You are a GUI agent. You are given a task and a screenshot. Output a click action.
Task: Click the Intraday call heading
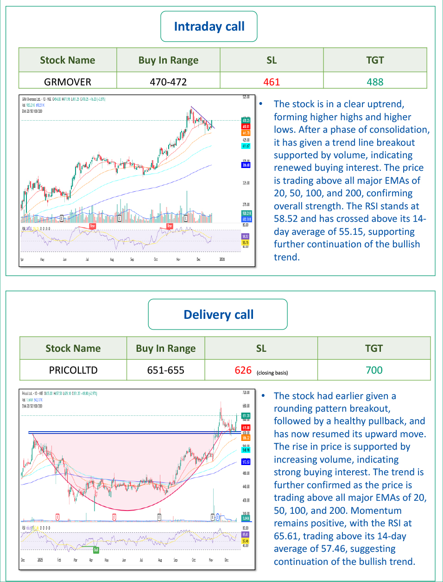(x=209, y=26)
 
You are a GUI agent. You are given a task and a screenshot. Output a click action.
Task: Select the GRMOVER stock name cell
(x=68, y=82)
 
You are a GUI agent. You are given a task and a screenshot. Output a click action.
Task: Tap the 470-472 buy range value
(x=168, y=82)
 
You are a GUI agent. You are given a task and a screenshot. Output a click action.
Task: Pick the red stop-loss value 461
(x=272, y=82)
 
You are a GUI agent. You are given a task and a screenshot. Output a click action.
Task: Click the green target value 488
(x=375, y=82)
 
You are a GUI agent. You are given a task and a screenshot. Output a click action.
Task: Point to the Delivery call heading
(x=218, y=315)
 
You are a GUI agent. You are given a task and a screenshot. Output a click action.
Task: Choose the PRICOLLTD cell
(x=73, y=370)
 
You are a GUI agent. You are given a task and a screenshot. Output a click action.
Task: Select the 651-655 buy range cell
(x=165, y=370)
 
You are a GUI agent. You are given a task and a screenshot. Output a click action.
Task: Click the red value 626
(x=243, y=370)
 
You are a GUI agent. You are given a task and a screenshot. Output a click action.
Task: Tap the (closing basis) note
(x=272, y=373)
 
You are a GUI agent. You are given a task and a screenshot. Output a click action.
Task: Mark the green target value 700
(x=374, y=370)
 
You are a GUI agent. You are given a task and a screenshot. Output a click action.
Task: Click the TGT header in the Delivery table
(x=374, y=349)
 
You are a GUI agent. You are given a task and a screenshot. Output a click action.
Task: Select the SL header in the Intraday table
(x=272, y=60)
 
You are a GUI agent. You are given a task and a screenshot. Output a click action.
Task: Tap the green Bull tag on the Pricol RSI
(x=96, y=550)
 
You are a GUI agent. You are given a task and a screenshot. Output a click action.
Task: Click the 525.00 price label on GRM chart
(x=246, y=97)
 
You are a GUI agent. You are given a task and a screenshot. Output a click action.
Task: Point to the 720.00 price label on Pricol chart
(x=246, y=393)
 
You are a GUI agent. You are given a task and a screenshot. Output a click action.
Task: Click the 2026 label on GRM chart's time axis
(x=222, y=259)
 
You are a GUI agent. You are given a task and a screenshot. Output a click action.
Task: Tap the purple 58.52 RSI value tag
(x=245, y=236)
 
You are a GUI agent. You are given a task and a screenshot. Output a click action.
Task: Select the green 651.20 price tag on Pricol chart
(x=246, y=416)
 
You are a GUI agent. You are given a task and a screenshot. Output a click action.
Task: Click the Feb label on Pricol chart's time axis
(x=59, y=560)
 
